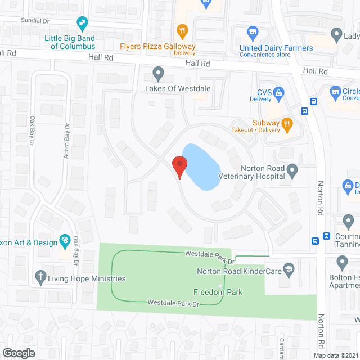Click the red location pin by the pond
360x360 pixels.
(x=179, y=165)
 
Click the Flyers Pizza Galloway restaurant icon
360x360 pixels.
(x=182, y=30)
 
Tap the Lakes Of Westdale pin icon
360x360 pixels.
(x=159, y=73)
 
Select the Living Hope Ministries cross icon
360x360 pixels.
(x=40, y=276)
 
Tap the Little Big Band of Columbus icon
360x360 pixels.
(x=83, y=23)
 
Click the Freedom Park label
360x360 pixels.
(x=218, y=292)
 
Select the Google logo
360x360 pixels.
(x=19, y=353)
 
